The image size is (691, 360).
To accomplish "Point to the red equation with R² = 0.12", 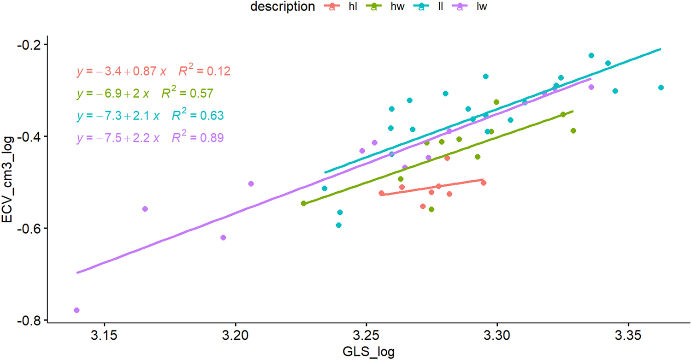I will click(x=153, y=71).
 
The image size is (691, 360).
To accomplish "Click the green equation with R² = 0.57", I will click(x=145, y=94).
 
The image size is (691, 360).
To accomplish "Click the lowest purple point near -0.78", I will click(x=77, y=310).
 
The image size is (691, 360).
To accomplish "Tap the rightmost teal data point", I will click(x=661, y=88).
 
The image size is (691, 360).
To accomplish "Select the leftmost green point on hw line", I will click(x=303, y=203).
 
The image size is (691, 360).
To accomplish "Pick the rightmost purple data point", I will click(x=591, y=87).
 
